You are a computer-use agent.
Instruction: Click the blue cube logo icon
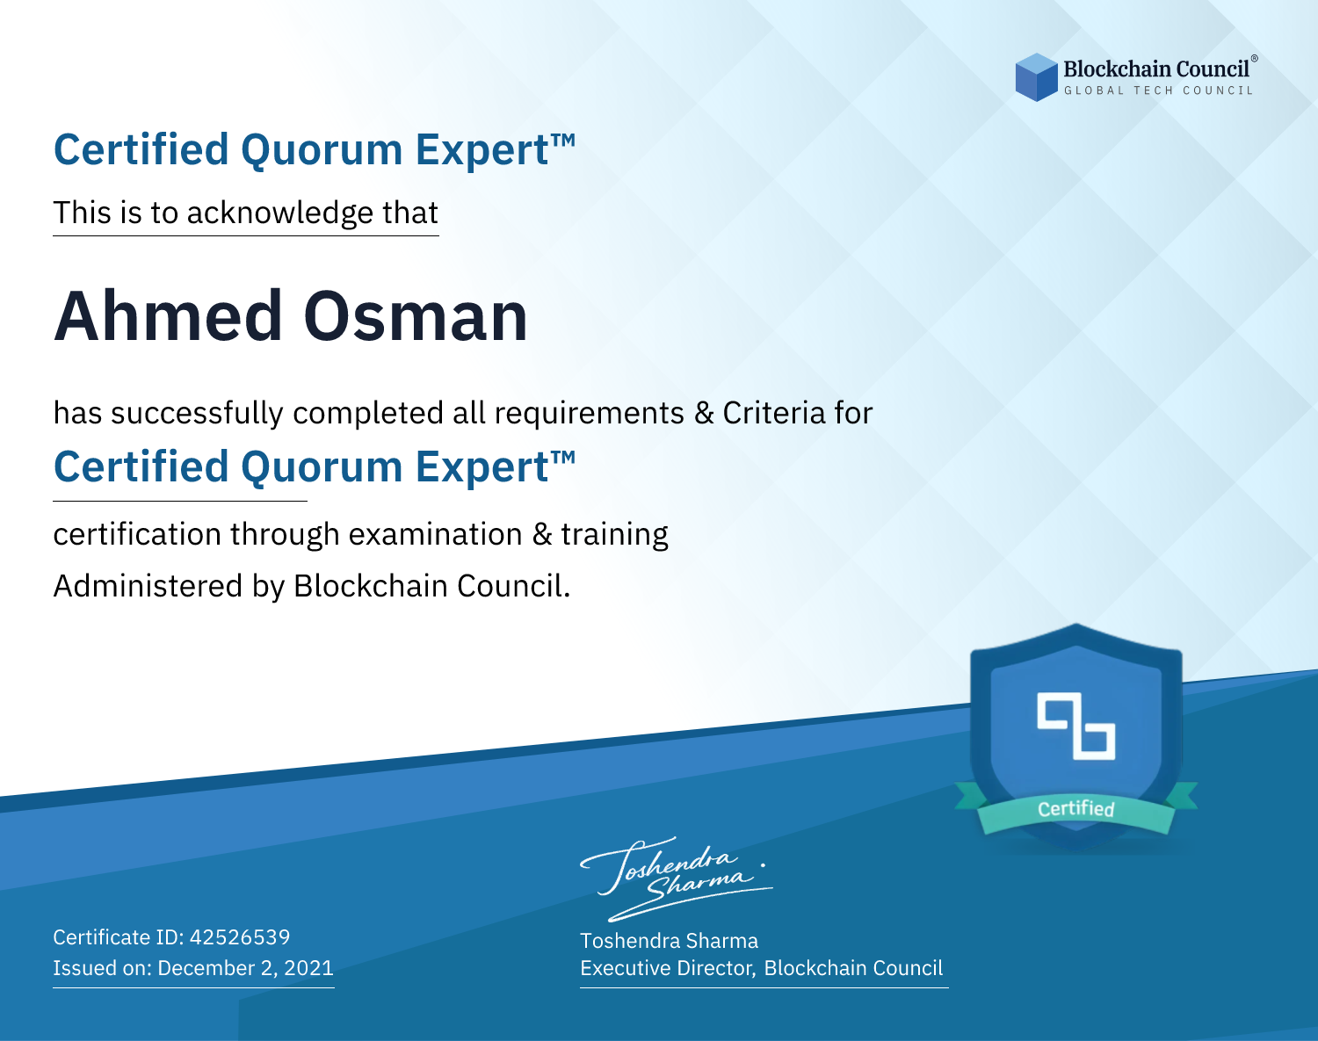pyautogui.click(x=1036, y=77)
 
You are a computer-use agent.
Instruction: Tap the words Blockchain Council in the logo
pyautogui.click(x=1156, y=69)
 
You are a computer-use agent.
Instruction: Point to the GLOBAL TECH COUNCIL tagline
pyautogui.click(x=1158, y=90)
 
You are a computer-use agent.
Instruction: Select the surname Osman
pyautogui.click(x=416, y=316)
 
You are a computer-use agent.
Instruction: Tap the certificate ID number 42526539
pyautogui.click(x=240, y=936)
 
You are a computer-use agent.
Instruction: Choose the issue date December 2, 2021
pyautogui.click(x=246, y=967)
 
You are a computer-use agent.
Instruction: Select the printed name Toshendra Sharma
pyautogui.click(x=669, y=941)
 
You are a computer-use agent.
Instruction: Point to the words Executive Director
pyautogui.click(x=666, y=968)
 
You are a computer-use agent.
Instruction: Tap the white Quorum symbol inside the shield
pyautogui.click(x=1076, y=726)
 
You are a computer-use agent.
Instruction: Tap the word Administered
pyautogui.click(x=148, y=586)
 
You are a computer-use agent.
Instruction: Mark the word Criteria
pyautogui.click(x=773, y=413)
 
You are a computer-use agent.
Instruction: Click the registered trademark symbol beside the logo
pyautogui.click(x=1255, y=59)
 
